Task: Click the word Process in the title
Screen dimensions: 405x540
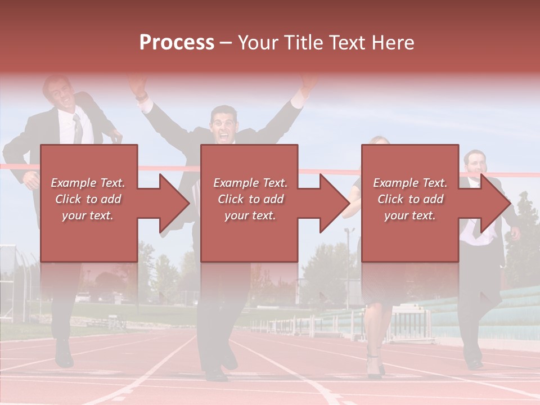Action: [x=177, y=43]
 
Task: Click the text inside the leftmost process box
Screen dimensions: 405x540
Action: [x=88, y=199]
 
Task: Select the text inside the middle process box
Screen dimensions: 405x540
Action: [x=250, y=199]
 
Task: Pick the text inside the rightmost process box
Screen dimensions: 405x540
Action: [x=410, y=199]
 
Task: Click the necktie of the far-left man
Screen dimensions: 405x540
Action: [x=78, y=129]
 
